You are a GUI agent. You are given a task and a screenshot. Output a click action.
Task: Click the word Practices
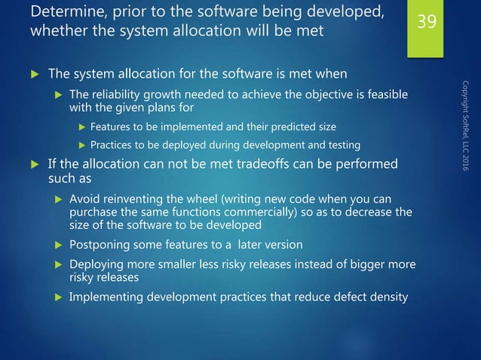[114, 145]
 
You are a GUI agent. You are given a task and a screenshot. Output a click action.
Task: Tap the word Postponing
[101, 246]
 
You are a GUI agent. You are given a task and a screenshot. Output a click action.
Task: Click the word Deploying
[98, 264]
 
